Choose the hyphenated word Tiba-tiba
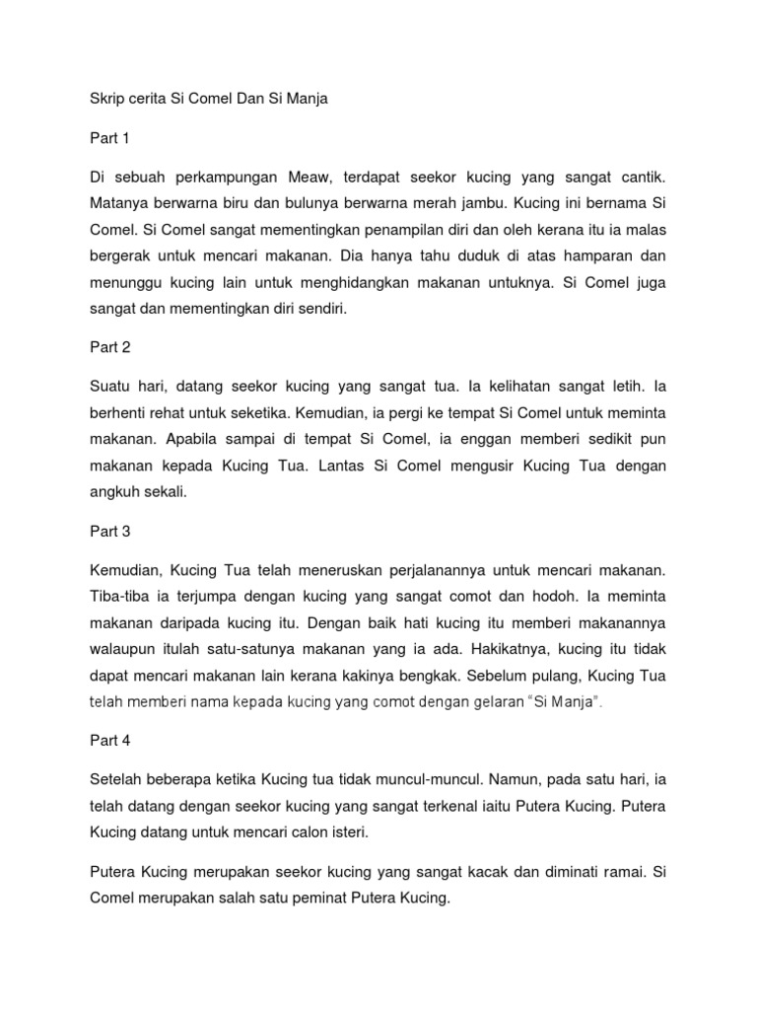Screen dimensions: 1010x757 coord(120,598)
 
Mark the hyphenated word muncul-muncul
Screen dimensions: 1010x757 coord(407,778)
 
